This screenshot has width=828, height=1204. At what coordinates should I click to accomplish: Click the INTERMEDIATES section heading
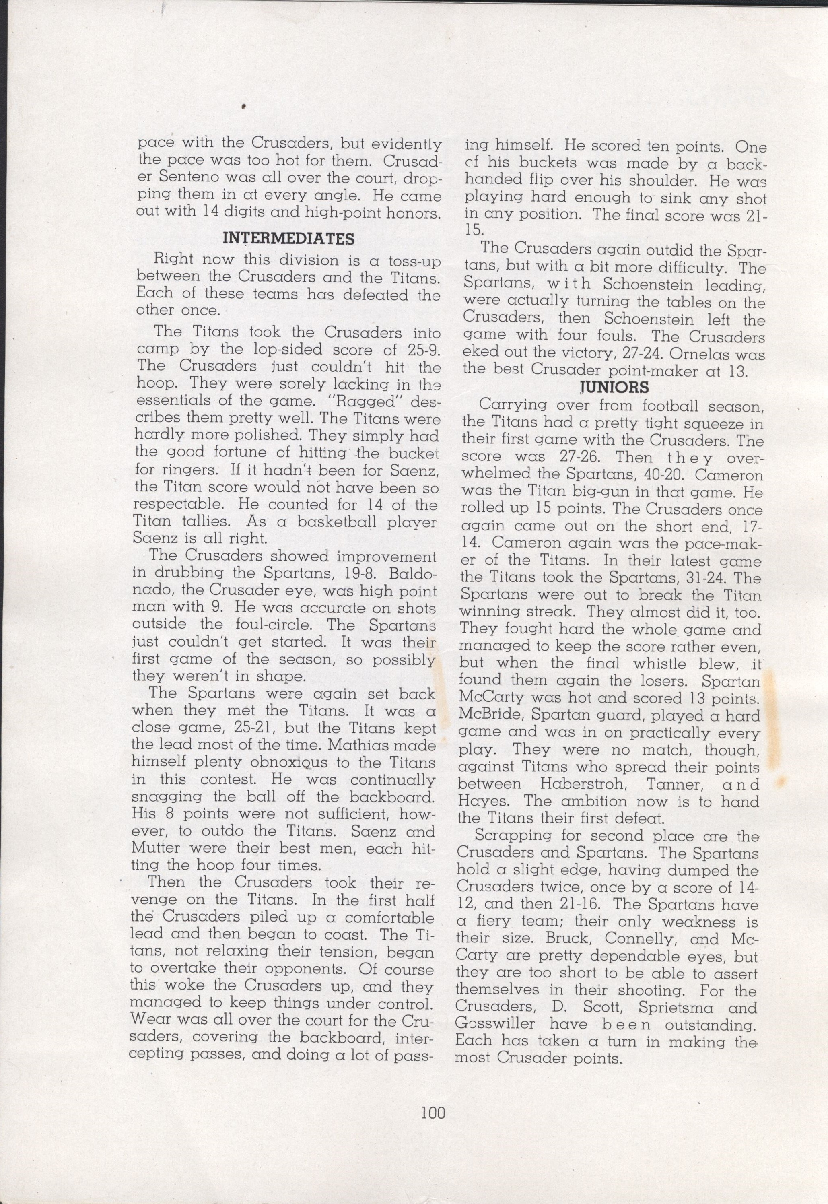click(288, 238)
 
